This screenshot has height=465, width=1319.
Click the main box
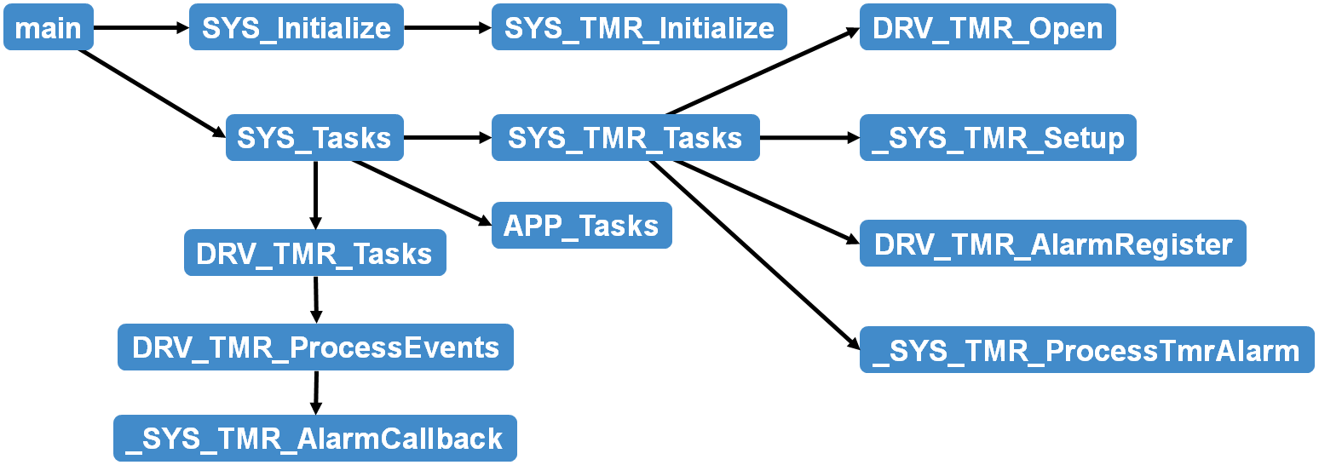(x=49, y=28)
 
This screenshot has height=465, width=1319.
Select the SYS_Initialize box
(x=296, y=28)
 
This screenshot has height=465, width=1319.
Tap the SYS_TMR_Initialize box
(x=639, y=28)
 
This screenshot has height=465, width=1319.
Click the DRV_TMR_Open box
(x=988, y=28)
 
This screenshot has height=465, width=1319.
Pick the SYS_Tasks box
(x=314, y=137)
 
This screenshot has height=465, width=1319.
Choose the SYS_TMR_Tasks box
(x=625, y=137)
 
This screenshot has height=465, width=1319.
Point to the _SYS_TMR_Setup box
(x=998, y=137)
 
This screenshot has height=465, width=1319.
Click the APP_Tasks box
(x=581, y=226)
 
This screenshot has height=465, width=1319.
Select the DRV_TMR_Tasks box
(x=314, y=253)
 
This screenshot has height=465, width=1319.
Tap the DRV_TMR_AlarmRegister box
(x=1052, y=244)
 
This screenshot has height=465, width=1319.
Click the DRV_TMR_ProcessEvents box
(x=315, y=347)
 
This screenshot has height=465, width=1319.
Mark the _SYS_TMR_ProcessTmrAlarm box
(x=1086, y=350)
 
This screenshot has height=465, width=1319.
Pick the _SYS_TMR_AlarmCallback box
(x=314, y=438)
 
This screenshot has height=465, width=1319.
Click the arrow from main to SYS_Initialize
(x=141, y=28)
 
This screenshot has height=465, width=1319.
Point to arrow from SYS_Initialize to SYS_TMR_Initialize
(x=447, y=28)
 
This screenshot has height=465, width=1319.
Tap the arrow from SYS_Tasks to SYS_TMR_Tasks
(x=447, y=137)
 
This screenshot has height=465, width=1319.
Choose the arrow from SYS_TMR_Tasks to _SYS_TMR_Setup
(x=809, y=137)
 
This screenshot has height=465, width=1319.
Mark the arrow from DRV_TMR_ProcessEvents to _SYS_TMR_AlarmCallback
(x=315, y=393)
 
